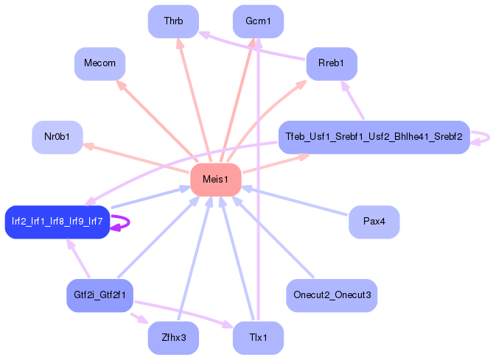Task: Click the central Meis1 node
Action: (x=216, y=180)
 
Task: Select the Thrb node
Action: (x=173, y=21)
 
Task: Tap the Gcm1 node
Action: (x=258, y=21)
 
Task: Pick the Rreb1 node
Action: (x=332, y=63)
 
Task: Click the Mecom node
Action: (x=100, y=63)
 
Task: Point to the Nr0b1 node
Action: (x=57, y=137)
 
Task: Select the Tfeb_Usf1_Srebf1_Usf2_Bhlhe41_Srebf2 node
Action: (x=374, y=137)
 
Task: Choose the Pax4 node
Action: (x=374, y=222)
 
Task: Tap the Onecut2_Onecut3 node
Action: (x=332, y=295)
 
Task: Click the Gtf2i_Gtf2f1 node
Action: (x=100, y=295)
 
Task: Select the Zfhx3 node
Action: (x=173, y=338)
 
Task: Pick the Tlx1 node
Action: (x=258, y=338)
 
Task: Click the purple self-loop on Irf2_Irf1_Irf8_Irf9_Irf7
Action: (x=122, y=222)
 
